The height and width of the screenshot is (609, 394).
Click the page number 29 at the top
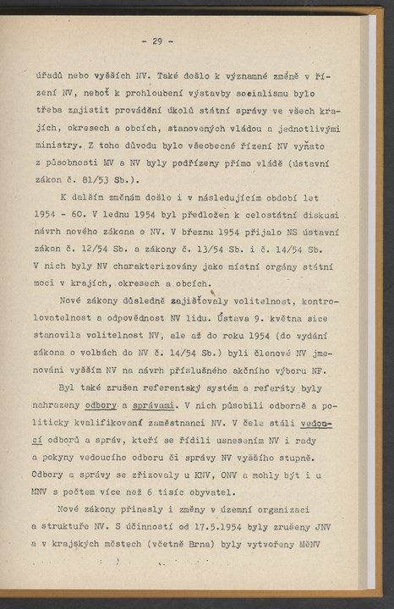coord(157,40)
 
